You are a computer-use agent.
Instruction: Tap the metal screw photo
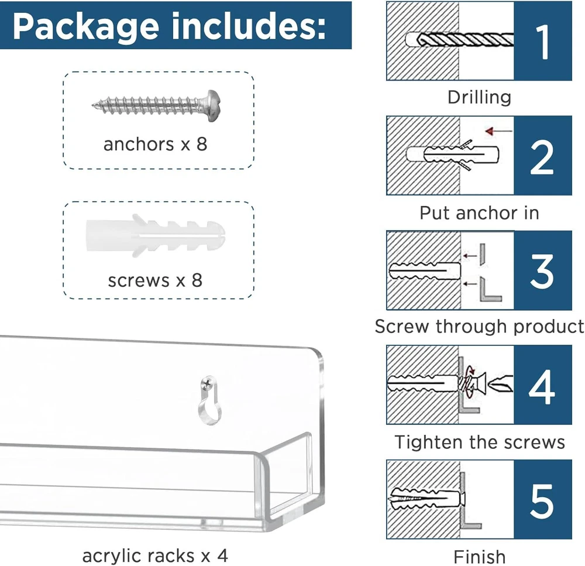click(x=156, y=106)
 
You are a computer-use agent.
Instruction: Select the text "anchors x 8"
click(x=155, y=144)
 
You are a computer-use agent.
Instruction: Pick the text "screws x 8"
click(x=155, y=280)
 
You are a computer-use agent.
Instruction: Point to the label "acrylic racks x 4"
click(x=155, y=555)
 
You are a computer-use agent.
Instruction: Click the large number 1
click(x=543, y=42)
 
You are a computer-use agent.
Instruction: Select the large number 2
click(x=542, y=157)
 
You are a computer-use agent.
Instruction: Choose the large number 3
click(x=542, y=272)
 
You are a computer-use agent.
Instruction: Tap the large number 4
click(x=542, y=387)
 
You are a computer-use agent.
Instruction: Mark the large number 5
click(x=542, y=501)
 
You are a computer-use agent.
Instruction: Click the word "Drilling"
click(x=480, y=98)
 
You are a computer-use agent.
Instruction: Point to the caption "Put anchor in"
click(x=480, y=213)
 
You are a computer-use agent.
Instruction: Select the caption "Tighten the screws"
click(x=480, y=442)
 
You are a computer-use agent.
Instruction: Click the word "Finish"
click(x=480, y=557)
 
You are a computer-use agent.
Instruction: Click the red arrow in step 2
click(x=499, y=131)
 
